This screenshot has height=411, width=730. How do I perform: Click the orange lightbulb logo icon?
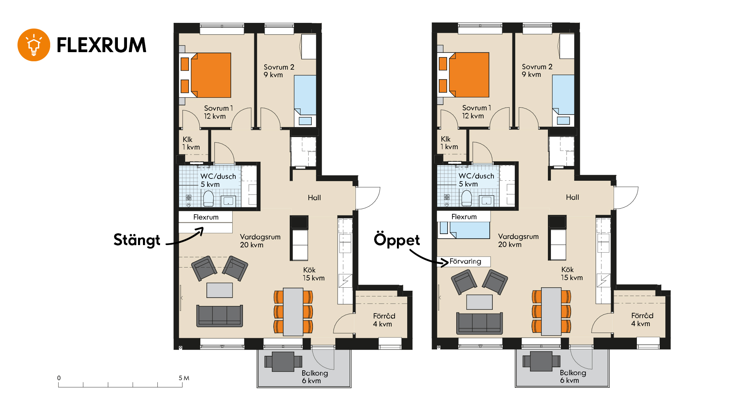34,45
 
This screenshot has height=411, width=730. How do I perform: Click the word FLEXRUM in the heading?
102,45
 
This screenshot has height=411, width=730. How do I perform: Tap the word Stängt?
137,240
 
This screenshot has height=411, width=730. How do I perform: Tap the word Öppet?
397,240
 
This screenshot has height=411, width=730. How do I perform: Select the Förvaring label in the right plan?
465,261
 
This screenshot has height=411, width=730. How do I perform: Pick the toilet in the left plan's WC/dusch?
208,199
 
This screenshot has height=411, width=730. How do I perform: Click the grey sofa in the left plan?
219,316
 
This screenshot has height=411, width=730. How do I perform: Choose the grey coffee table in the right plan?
479,302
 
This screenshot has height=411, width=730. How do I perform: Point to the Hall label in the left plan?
314,198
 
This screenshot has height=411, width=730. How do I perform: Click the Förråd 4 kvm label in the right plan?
642,320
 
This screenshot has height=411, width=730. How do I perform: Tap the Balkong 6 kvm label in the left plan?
315,377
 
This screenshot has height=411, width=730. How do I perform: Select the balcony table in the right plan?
541,361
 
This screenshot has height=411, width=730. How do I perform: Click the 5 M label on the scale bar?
184,378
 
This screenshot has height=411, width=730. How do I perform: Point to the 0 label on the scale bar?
59,378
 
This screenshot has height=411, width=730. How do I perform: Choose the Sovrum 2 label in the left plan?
279,71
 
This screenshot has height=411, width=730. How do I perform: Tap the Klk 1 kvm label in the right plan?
449,143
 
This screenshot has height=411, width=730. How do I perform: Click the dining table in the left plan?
293,312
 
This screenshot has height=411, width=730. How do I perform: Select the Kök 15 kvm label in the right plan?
572,274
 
